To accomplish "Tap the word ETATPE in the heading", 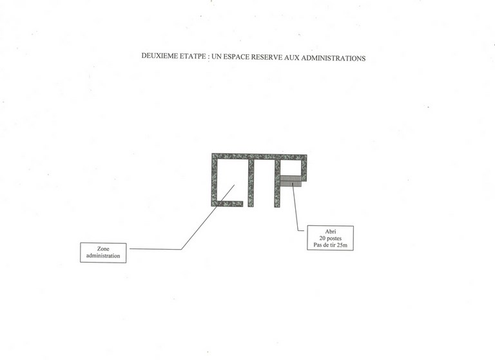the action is [x=193, y=56].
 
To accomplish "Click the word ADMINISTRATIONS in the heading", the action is [x=333, y=58].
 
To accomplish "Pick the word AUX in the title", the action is [x=291, y=57].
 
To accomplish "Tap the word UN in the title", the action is [x=217, y=56].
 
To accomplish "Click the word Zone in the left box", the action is [x=103, y=249].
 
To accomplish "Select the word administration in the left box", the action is [x=103, y=255].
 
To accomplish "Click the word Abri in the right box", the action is [x=331, y=232].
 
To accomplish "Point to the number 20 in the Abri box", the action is [x=322, y=238].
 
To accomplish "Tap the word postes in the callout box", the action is [x=335, y=238].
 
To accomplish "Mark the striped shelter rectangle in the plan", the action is [x=291, y=181].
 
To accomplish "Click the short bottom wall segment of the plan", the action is [x=228, y=204].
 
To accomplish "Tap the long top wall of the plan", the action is [x=259, y=157].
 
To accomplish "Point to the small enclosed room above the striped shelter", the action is [x=291, y=168].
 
